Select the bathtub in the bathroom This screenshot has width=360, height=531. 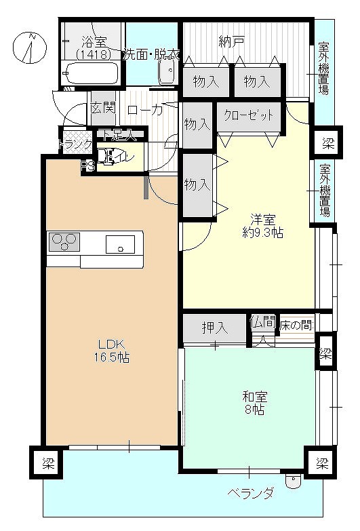91,71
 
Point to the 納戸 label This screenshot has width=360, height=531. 231,42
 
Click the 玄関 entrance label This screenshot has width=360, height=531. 103,109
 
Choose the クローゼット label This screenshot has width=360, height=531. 249,115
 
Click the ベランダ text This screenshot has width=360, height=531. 250,493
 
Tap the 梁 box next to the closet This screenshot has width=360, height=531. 328,142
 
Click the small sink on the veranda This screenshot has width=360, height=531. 293,481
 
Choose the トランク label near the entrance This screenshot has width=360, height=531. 75,144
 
